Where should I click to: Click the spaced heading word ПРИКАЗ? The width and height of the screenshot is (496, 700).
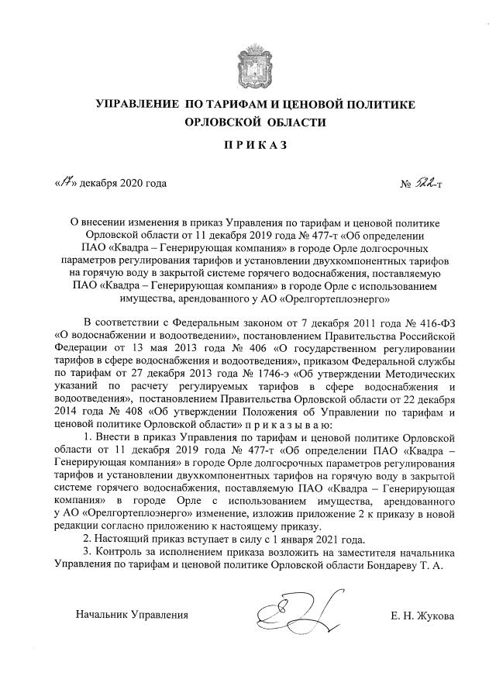point(256,145)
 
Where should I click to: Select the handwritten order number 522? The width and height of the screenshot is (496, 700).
point(425,183)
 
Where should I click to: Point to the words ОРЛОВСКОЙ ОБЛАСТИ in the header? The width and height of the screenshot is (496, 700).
point(256,122)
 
